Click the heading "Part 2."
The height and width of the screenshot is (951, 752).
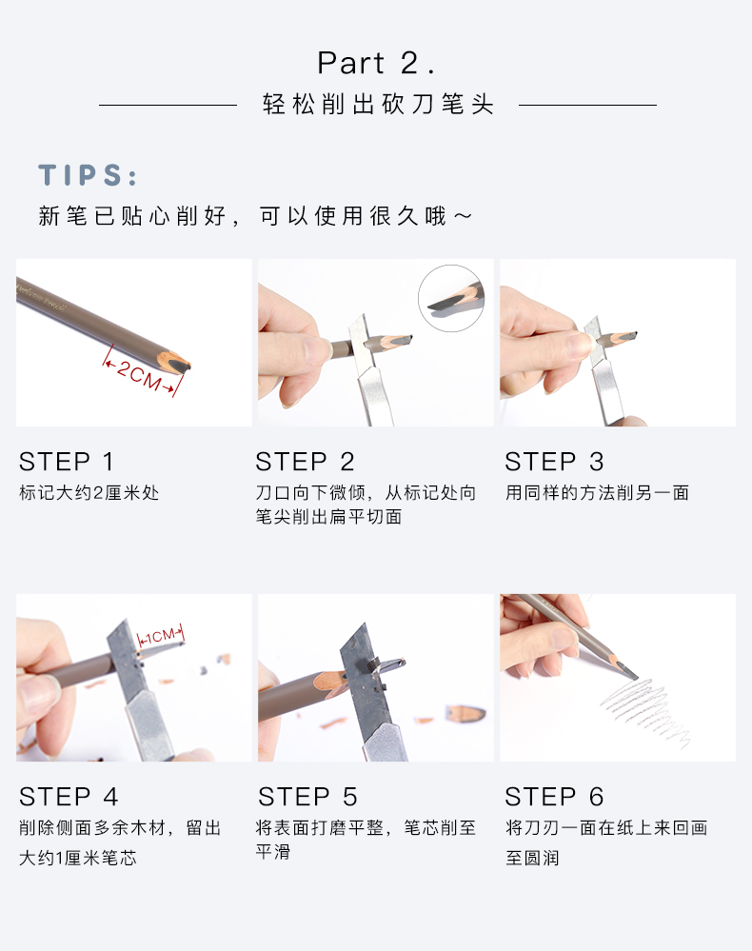[376, 63]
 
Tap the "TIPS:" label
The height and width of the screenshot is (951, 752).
[88, 175]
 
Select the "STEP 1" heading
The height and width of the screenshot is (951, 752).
[67, 462]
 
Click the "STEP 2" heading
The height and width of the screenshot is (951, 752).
[305, 462]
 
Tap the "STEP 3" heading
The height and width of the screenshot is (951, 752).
[554, 462]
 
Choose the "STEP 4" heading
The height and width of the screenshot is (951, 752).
[69, 797]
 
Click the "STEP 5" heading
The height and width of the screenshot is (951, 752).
[307, 797]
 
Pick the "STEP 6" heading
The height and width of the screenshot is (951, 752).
[554, 797]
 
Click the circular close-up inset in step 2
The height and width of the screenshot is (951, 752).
[451, 298]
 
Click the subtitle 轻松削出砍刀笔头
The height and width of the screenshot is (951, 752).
[378, 105]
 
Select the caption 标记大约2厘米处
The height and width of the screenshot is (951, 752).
[89, 492]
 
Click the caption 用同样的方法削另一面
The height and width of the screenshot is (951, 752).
[598, 492]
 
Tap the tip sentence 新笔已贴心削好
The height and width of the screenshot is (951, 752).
[133, 216]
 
